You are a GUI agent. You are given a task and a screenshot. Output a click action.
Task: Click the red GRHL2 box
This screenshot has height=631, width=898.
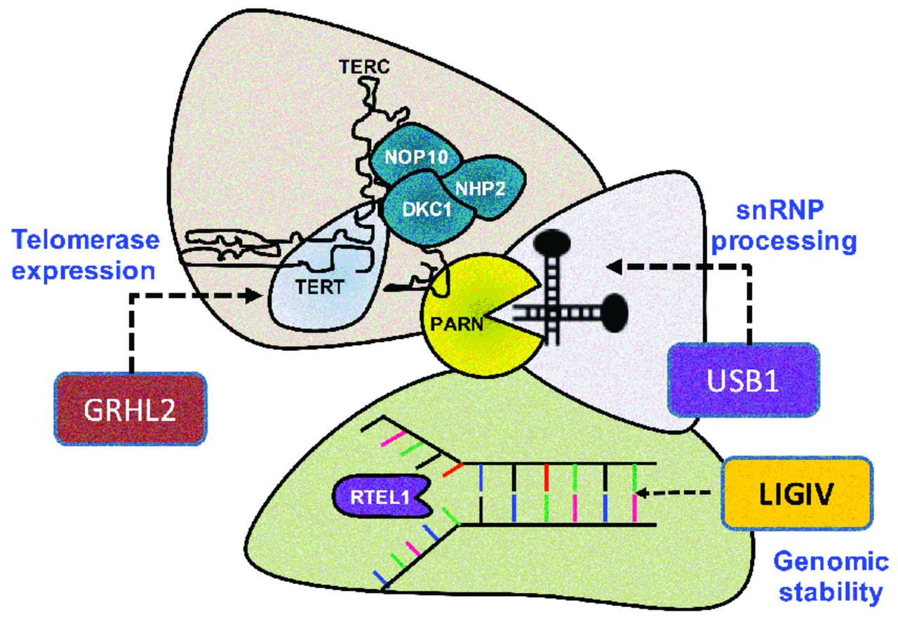pos(131,408)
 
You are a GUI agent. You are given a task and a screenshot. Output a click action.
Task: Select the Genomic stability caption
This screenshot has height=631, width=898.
pos(831,576)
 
